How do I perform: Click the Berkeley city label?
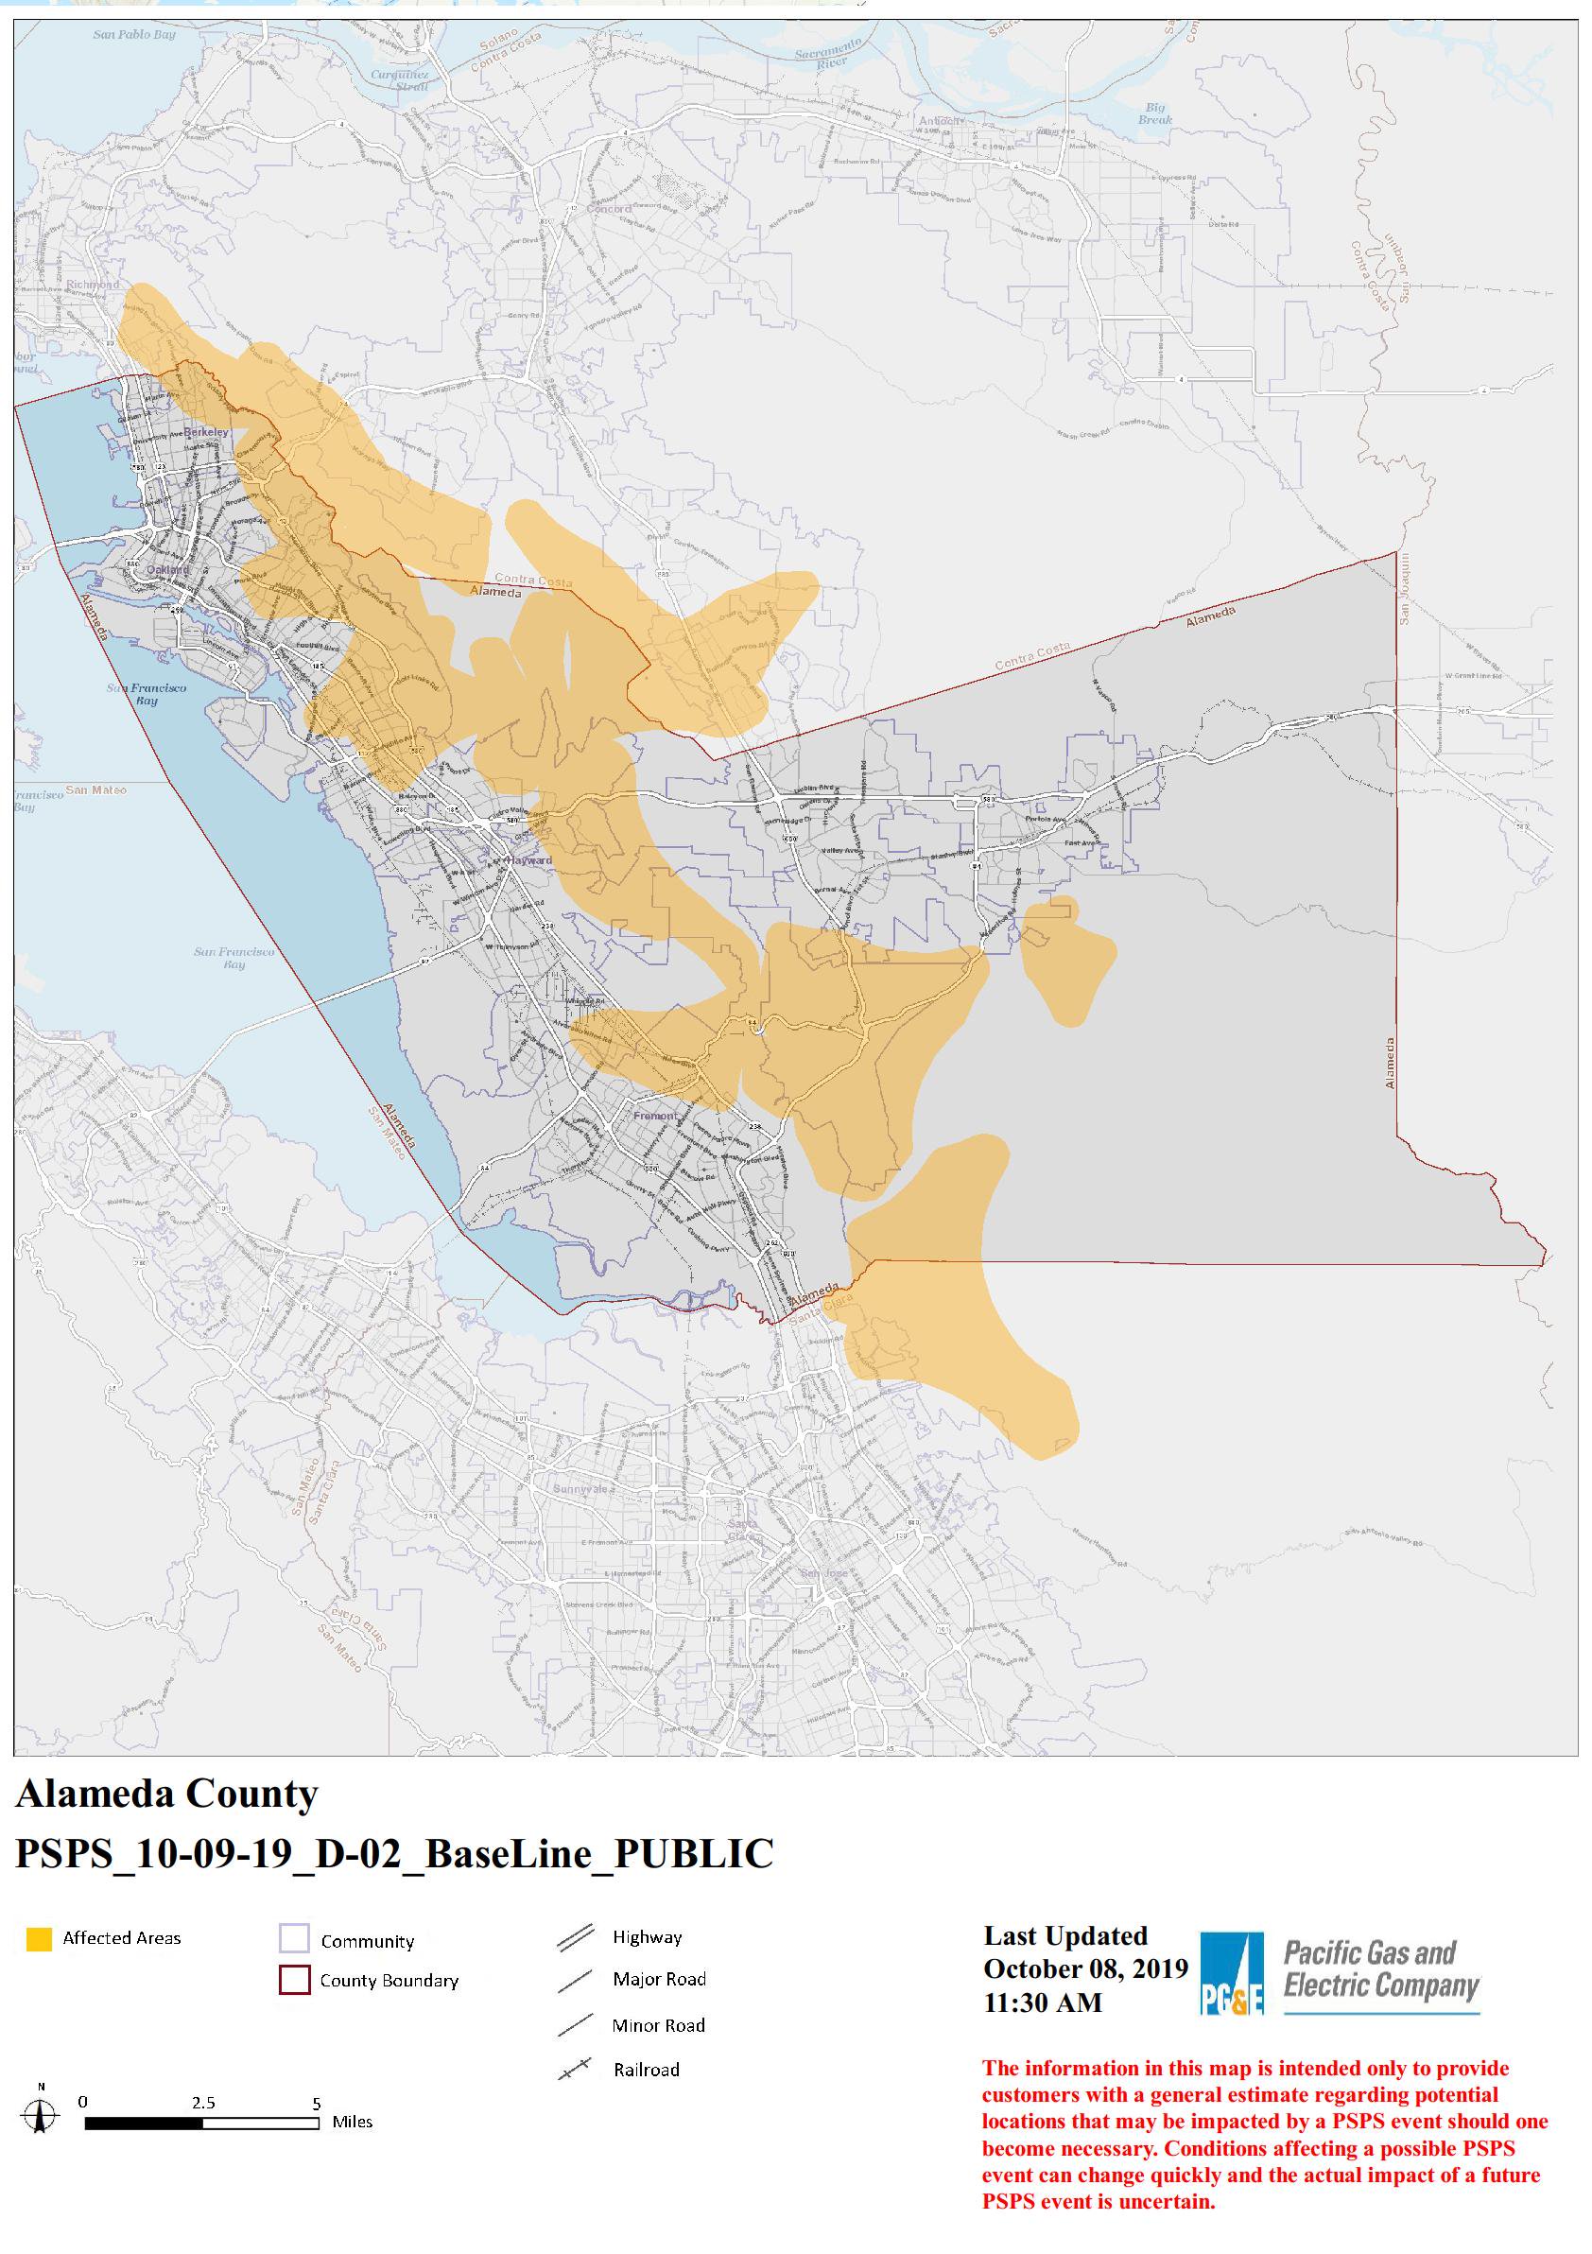(x=206, y=432)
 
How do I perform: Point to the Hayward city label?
(x=531, y=860)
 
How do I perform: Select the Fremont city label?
(x=653, y=1117)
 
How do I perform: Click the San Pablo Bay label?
(x=134, y=34)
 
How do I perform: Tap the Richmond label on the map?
(x=93, y=285)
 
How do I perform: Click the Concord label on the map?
(x=609, y=209)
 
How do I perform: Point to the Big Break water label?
(x=1155, y=113)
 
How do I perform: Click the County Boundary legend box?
(x=294, y=1980)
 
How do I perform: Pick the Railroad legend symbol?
(x=575, y=2070)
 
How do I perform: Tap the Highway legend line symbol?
(x=575, y=1937)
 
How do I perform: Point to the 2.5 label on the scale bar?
(x=203, y=2103)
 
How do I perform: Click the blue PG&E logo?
(x=1231, y=1974)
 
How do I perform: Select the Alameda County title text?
(x=166, y=1794)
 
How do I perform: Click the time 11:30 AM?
(x=1043, y=2003)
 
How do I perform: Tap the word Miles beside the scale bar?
(x=353, y=2122)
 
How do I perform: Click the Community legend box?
(x=294, y=1939)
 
